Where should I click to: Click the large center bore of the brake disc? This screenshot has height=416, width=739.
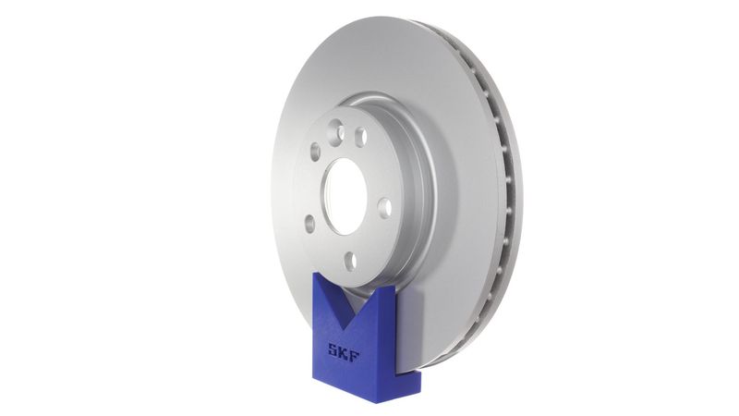[x=346, y=195]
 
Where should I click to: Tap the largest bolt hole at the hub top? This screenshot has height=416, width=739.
[x=360, y=136]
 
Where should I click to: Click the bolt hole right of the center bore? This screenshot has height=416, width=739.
[x=384, y=207]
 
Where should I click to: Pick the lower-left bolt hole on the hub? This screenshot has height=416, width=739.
[x=309, y=223]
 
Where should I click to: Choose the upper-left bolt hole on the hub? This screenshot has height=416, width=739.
[x=315, y=151]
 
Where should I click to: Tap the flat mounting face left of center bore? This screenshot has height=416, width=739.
[x=309, y=190]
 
